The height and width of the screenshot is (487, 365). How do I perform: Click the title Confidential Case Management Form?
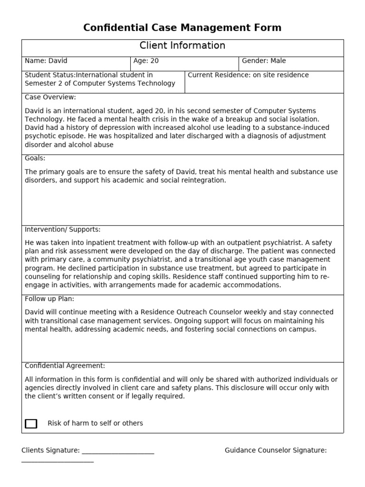pos(182,28)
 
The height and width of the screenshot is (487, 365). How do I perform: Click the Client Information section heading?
pos(182,46)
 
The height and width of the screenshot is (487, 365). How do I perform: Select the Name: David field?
pos(46,61)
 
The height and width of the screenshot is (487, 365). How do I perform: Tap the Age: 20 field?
pos(146,61)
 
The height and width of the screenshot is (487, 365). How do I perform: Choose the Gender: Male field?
pos(264,61)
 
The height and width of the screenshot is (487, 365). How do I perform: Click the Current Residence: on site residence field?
pos(248,75)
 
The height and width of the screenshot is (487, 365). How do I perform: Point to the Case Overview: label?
pos(50,97)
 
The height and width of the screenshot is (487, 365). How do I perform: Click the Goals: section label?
pos(35,158)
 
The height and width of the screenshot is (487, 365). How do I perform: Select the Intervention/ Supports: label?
pos(62,229)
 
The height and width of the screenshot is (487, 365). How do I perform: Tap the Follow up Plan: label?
pos(49,299)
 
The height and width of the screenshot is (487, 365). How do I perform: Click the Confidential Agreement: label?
pos(65,366)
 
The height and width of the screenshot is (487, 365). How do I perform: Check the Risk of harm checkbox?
pos(31,423)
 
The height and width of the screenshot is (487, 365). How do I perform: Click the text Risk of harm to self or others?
pos(95,423)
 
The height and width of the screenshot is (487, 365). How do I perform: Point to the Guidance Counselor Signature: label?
pos(276,450)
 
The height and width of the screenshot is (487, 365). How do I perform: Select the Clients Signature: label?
pos(50,450)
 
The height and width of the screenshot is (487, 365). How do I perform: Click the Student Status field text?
pos(100,79)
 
